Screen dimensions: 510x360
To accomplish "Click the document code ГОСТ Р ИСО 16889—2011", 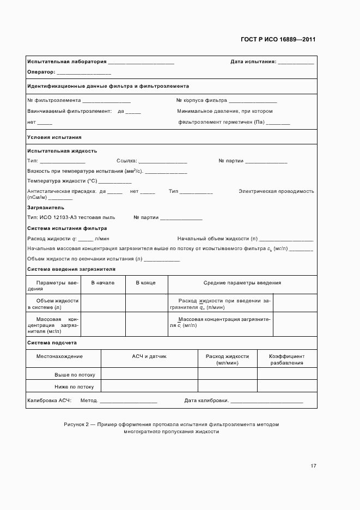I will [x=278, y=40].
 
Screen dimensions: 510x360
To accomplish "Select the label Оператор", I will [x=41, y=72].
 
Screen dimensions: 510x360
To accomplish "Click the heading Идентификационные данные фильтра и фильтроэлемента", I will [x=108, y=86].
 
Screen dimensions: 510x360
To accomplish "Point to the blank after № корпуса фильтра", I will [x=253, y=101].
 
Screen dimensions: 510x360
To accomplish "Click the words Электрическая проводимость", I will [x=276, y=191].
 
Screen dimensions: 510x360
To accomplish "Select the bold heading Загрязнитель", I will [x=46, y=208].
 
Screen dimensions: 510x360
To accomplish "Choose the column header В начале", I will [x=102, y=283].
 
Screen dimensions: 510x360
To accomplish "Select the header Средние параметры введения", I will [x=242, y=283].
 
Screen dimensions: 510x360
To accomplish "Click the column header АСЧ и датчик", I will [x=149, y=356].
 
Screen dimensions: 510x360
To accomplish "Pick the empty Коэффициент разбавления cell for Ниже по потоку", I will [x=286, y=387].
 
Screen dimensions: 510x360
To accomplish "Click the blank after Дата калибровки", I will [x=266, y=401].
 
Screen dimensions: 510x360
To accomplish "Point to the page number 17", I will [x=313, y=466].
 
